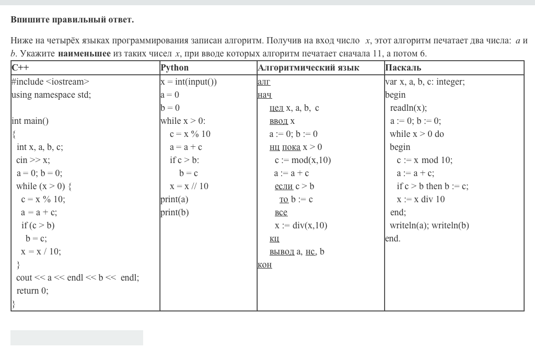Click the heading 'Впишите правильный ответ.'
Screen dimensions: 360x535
(72, 20)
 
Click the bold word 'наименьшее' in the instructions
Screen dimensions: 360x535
(84, 53)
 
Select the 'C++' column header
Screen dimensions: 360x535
(20, 68)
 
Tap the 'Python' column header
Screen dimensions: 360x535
(175, 68)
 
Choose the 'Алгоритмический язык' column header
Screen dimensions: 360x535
(308, 68)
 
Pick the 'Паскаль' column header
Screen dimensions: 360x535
(403, 68)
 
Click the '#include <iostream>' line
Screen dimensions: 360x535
(50, 82)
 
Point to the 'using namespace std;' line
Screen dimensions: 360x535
(51, 95)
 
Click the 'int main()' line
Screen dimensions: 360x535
(30, 121)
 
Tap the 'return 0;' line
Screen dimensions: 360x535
(32, 291)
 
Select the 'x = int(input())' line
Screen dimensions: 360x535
(189, 82)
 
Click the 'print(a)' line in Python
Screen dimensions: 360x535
(175, 199)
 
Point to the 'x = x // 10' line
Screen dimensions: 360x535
(189, 186)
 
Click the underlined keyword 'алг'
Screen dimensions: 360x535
(264, 82)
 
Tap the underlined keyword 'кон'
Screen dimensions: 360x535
(265, 264)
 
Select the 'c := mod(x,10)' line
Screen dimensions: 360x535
(303, 160)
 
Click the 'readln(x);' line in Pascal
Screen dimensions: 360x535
(408, 108)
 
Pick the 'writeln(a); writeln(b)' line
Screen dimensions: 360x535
(429, 225)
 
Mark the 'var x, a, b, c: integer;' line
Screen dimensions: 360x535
(425, 82)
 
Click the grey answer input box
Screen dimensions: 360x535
(77, 338)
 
